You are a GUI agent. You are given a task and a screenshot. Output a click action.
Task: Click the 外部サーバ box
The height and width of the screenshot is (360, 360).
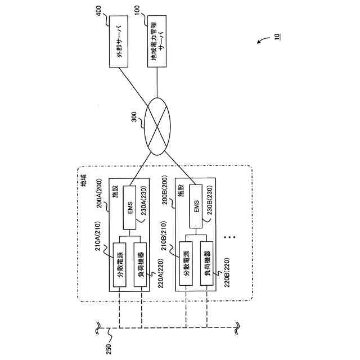point(119,42)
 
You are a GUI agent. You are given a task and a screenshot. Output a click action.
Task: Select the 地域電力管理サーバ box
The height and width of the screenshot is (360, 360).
point(157,41)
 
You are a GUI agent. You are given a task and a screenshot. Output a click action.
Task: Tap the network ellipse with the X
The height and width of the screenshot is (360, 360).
point(157,127)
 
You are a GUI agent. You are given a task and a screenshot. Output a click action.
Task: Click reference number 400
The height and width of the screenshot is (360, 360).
point(98,11)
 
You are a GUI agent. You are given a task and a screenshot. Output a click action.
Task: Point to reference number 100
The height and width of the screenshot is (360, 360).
point(137,11)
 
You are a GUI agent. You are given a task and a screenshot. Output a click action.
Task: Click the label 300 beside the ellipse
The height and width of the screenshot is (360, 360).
point(134,116)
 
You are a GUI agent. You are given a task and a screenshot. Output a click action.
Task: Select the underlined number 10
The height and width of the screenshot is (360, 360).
point(277,37)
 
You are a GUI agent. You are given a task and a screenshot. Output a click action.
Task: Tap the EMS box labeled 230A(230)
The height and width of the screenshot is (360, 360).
point(129,208)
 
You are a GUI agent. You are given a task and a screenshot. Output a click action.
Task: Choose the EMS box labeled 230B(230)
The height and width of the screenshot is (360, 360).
point(196,206)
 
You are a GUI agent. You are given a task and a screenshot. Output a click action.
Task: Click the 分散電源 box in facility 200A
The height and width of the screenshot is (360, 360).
point(119,265)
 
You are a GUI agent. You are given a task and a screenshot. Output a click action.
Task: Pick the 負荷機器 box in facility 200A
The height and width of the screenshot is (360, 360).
point(140,265)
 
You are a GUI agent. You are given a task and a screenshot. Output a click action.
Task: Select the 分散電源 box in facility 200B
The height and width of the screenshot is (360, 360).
point(186,264)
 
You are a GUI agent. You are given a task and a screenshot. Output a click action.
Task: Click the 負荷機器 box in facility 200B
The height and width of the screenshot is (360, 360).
point(206,264)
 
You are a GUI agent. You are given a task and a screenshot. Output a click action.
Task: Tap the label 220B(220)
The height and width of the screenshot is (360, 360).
point(227,272)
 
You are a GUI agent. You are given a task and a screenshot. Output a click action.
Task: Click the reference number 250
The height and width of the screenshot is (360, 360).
point(109,349)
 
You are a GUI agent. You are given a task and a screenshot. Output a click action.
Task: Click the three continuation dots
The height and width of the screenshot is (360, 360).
point(229,237)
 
